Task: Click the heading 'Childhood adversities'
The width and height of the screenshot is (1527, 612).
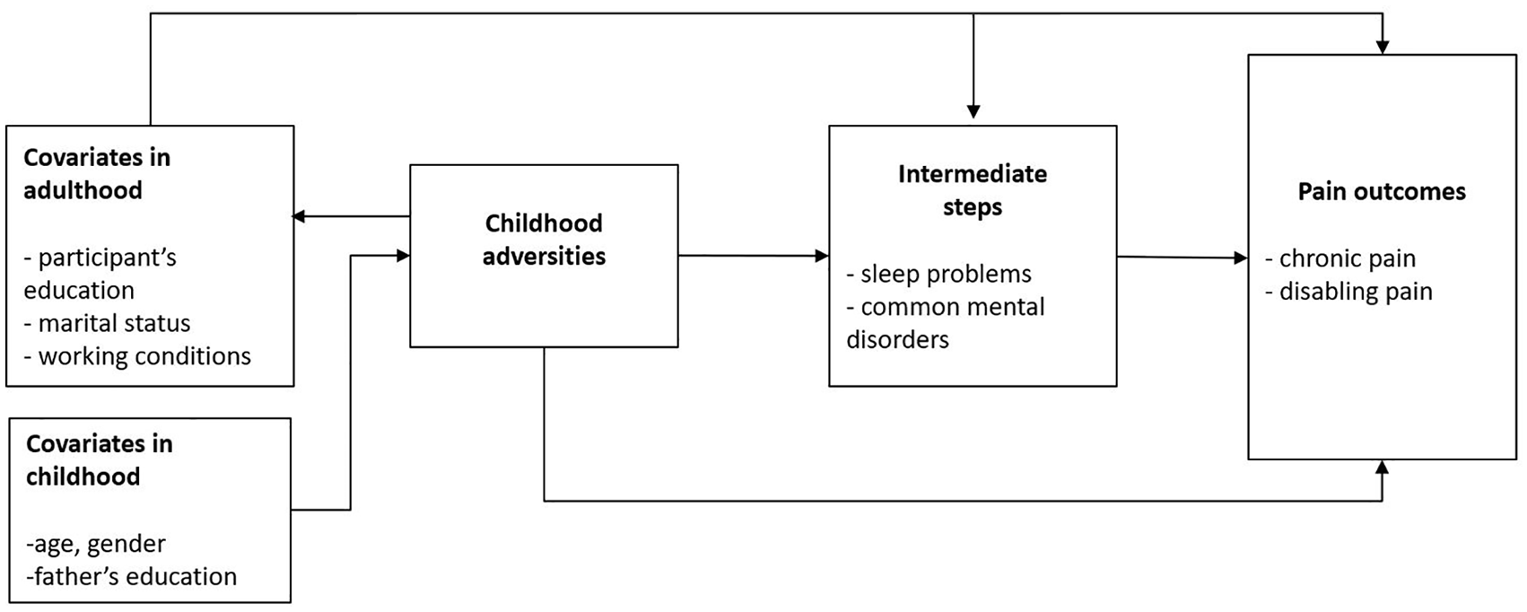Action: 544,240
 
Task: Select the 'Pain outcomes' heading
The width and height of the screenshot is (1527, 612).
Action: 1381,191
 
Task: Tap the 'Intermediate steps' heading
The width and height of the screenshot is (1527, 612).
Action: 973,190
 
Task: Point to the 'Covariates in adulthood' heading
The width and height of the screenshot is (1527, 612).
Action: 97,174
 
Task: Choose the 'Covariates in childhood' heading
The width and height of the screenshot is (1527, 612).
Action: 100,460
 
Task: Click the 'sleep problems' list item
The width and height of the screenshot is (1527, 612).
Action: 938,274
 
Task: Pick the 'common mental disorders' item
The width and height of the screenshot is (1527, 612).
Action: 946,323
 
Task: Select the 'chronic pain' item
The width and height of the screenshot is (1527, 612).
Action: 1340,258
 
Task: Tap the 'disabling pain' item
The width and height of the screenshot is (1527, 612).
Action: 1348,292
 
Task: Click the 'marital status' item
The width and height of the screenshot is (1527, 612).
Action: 107,323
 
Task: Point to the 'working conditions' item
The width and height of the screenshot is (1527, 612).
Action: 137,356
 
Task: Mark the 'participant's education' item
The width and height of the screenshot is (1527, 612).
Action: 100,274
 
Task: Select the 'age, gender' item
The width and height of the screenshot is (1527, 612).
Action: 95,544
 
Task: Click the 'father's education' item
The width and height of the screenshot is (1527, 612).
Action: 132,577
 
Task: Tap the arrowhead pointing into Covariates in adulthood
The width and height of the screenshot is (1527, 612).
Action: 299,217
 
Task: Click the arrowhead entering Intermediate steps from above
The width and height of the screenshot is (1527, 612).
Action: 973,112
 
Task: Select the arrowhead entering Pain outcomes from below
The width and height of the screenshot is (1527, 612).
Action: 1382,467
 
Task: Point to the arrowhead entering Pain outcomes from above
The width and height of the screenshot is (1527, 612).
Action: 1382,47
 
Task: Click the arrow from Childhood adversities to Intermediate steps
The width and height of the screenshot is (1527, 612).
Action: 754,257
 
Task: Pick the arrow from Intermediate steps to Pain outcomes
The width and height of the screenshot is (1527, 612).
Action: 1182,257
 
